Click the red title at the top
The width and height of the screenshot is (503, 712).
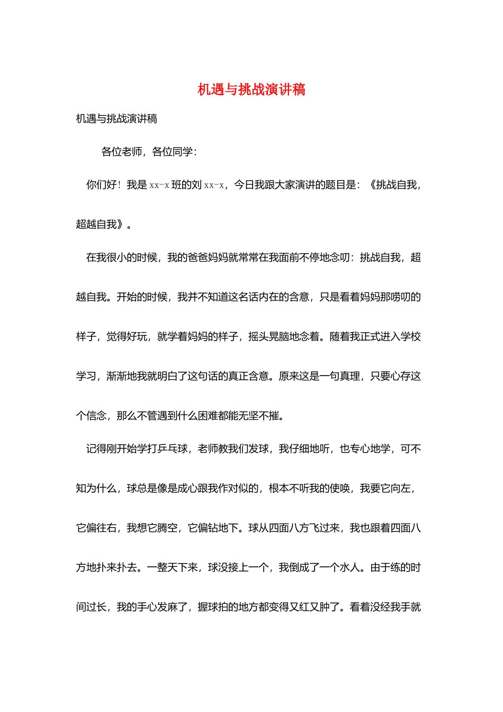coord(251,90)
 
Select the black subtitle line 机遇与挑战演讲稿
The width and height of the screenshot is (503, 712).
coord(116,119)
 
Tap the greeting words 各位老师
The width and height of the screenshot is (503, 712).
coord(122,152)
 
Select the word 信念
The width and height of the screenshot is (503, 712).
coord(96,416)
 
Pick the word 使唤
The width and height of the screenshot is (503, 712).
coord(339,488)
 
